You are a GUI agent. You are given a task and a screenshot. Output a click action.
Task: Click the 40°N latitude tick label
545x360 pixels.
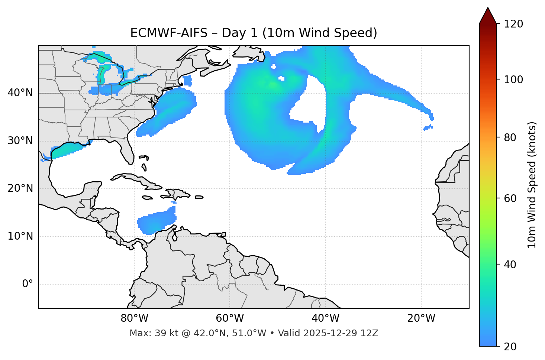[x=20, y=93]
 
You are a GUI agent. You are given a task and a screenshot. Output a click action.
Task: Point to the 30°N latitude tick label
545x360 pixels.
[x=20, y=141]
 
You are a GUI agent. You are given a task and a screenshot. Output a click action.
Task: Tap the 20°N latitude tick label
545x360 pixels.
[x=20, y=188]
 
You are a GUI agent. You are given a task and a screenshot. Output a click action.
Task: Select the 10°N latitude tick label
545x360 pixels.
[x=20, y=236]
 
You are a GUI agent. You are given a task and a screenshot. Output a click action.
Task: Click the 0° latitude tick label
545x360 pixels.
[x=28, y=284]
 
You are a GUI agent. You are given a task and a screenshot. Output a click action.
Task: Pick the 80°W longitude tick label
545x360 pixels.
[x=134, y=318]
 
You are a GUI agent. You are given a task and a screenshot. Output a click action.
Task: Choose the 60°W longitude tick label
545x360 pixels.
[x=230, y=318]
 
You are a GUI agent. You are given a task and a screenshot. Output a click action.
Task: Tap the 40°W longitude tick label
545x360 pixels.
[x=325, y=318]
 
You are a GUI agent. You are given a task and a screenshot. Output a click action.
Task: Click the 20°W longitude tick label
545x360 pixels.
[x=421, y=318]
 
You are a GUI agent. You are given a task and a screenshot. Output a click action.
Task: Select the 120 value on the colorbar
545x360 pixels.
[x=513, y=24]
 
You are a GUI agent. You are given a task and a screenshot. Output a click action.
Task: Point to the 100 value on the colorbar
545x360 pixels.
[x=513, y=80]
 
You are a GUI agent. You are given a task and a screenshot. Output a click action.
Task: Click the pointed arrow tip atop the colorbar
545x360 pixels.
[x=488, y=8]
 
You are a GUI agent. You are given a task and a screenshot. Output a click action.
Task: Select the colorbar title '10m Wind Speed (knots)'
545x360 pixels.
[x=532, y=185]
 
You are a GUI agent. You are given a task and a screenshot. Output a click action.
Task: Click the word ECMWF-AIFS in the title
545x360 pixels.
[x=169, y=33]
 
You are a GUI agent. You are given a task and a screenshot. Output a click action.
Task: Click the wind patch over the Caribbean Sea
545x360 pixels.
[x=156, y=221]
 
